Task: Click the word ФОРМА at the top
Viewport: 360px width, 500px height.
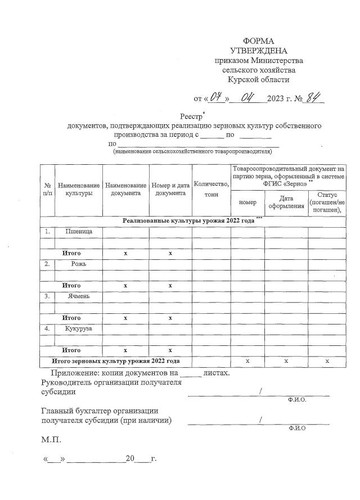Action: click(x=259, y=42)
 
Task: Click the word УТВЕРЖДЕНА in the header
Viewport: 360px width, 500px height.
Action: click(x=259, y=51)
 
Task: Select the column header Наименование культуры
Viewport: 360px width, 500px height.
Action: click(x=79, y=189)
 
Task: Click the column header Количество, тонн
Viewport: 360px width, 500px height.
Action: click(x=211, y=189)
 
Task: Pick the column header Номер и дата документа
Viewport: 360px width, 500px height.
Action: click(x=170, y=189)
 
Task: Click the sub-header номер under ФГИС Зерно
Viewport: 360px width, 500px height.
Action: click(x=247, y=202)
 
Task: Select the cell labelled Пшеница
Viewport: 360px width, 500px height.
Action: click(x=79, y=231)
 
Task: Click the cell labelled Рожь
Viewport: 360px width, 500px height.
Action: click(x=79, y=263)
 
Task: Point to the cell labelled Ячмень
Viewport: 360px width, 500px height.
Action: click(x=79, y=296)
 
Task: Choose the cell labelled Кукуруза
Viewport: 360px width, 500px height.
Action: click(x=79, y=328)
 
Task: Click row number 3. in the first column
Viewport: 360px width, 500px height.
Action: click(x=47, y=296)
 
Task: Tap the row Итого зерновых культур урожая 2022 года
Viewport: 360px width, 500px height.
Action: click(x=115, y=361)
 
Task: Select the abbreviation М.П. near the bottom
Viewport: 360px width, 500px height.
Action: click(x=51, y=438)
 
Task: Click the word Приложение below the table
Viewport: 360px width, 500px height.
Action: click(x=75, y=372)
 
